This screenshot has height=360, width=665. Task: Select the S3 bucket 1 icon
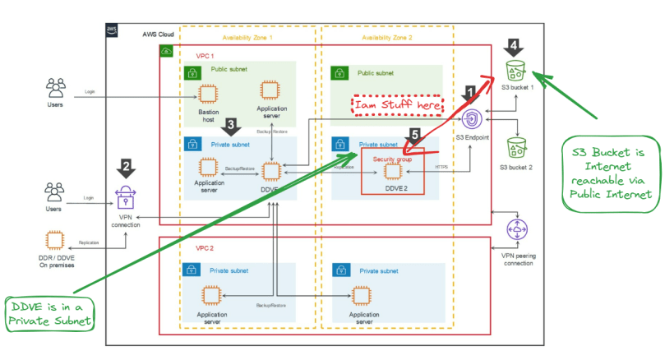[x=515, y=69]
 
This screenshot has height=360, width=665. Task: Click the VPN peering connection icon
[x=516, y=230]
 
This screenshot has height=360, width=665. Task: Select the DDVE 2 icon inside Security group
[x=392, y=171]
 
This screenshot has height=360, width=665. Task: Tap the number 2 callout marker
[x=125, y=168]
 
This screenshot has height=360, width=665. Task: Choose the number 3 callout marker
[x=232, y=126]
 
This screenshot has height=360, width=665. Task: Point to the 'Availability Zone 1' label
[x=247, y=39]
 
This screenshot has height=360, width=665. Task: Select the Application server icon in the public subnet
[x=270, y=92]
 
